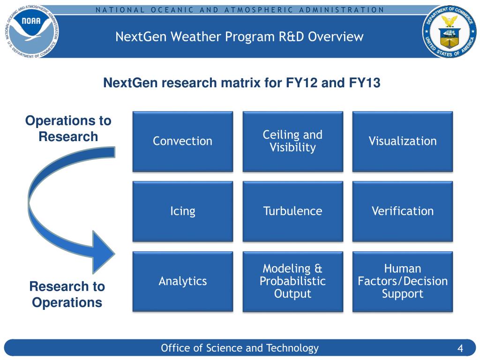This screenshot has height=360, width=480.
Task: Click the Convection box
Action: coord(182,141)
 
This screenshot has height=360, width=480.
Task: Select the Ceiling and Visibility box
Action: coord(292,141)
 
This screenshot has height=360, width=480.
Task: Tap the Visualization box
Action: coord(403,141)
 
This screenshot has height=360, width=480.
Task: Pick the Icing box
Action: coord(182,211)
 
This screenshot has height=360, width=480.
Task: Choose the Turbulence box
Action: coord(292,211)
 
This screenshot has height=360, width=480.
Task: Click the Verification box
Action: coord(403,211)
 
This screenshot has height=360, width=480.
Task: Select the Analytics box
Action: coord(182,281)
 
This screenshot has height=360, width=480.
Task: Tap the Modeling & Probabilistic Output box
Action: coord(292,281)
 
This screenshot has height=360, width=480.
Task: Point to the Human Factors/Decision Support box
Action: coord(403,281)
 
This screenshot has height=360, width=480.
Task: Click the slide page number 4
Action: coord(460,349)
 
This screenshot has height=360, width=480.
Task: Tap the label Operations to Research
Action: coord(68,128)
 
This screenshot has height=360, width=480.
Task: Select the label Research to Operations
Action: coord(67,294)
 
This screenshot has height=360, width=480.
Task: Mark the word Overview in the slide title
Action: coord(336,37)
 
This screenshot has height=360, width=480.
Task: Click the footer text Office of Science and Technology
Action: coord(240,348)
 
